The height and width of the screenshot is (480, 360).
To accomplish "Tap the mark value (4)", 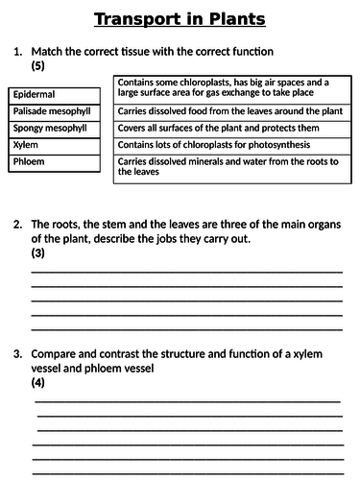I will (39, 381).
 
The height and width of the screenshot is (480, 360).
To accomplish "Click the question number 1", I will (17, 50).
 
